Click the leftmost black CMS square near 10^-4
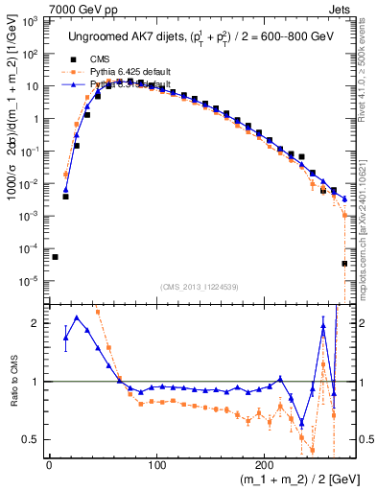55,257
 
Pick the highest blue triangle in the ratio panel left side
76,318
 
